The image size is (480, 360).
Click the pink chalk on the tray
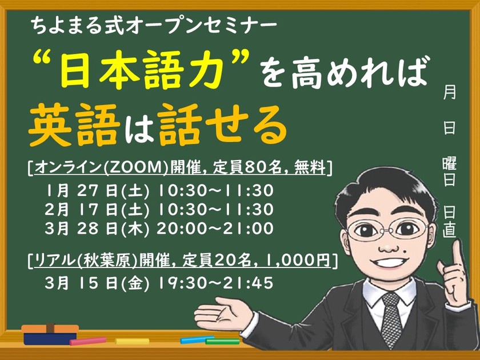pyautogui.click(x=88, y=341)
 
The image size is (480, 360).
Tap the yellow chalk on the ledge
pyautogui.click(x=132, y=341)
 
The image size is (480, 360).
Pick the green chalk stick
pyautogui.click(x=222, y=341)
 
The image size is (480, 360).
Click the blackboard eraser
pyautogui.click(x=50, y=334)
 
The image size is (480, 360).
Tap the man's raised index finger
pyautogui.click(x=456, y=251)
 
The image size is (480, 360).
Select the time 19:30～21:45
pyautogui.click(x=217, y=282)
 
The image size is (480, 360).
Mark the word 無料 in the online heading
pyautogui.click(x=311, y=168)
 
